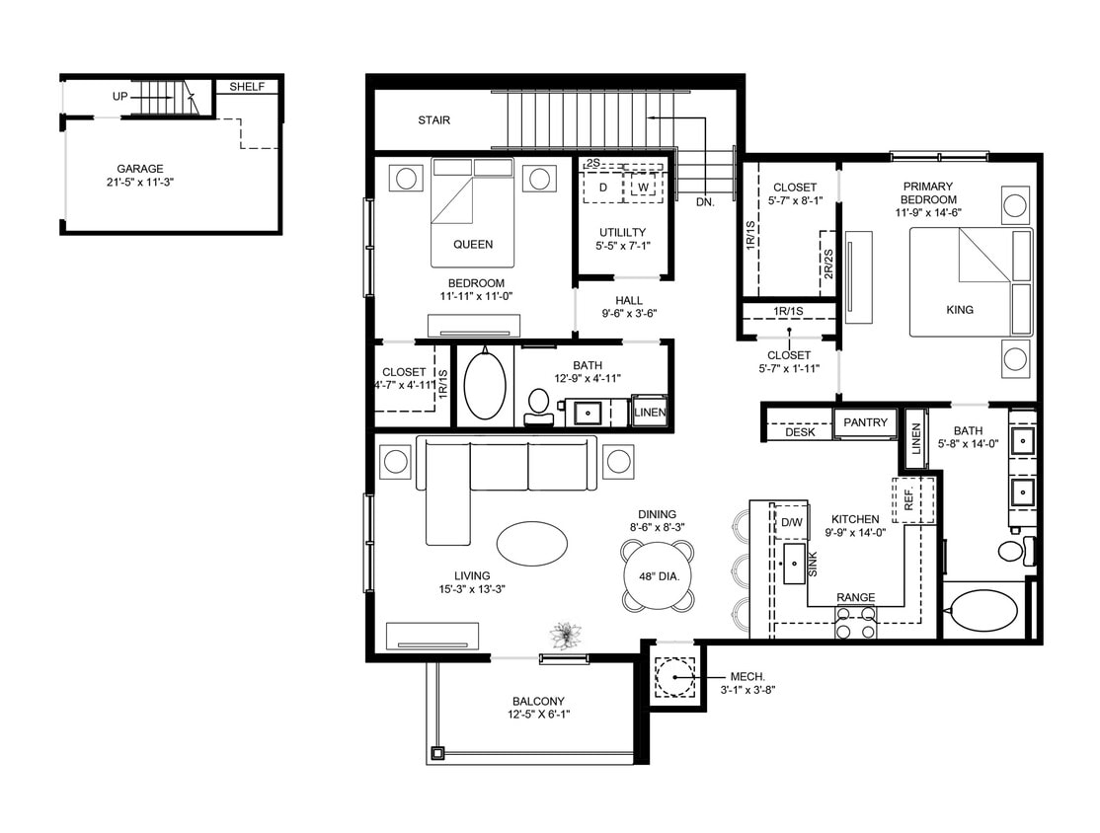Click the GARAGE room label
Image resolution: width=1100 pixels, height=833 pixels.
pyautogui.click(x=139, y=169)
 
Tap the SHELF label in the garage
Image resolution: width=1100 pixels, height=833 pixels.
pyautogui.click(x=247, y=87)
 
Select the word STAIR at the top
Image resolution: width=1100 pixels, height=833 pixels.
pyautogui.click(x=433, y=120)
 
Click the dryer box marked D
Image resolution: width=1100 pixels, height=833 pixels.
pyautogui.click(x=602, y=187)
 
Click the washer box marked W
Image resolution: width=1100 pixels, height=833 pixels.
pyautogui.click(x=643, y=187)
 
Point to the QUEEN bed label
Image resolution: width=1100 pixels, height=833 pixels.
pyautogui.click(x=472, y=244)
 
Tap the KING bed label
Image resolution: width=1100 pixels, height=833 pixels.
pyautogui.click(x=959, y=309)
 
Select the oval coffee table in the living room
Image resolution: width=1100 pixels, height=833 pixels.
pyautogui.click(x=532, y=543)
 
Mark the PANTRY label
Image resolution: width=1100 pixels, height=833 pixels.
pyautogui.click(x=865, y=422)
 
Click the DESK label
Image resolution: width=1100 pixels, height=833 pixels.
pyautogui.click(x=800, y=432)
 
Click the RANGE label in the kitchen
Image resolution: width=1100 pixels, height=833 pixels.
pyautogui.click(x=855, y=598)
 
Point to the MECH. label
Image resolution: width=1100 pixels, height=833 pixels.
pyautogui.click(x=746, y=676)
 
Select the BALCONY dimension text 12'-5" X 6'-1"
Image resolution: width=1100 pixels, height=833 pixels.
pyautogui.click(x=540, y=715)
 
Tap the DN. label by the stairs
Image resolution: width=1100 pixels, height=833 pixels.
pyautogui.click(x=705, y=201)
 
